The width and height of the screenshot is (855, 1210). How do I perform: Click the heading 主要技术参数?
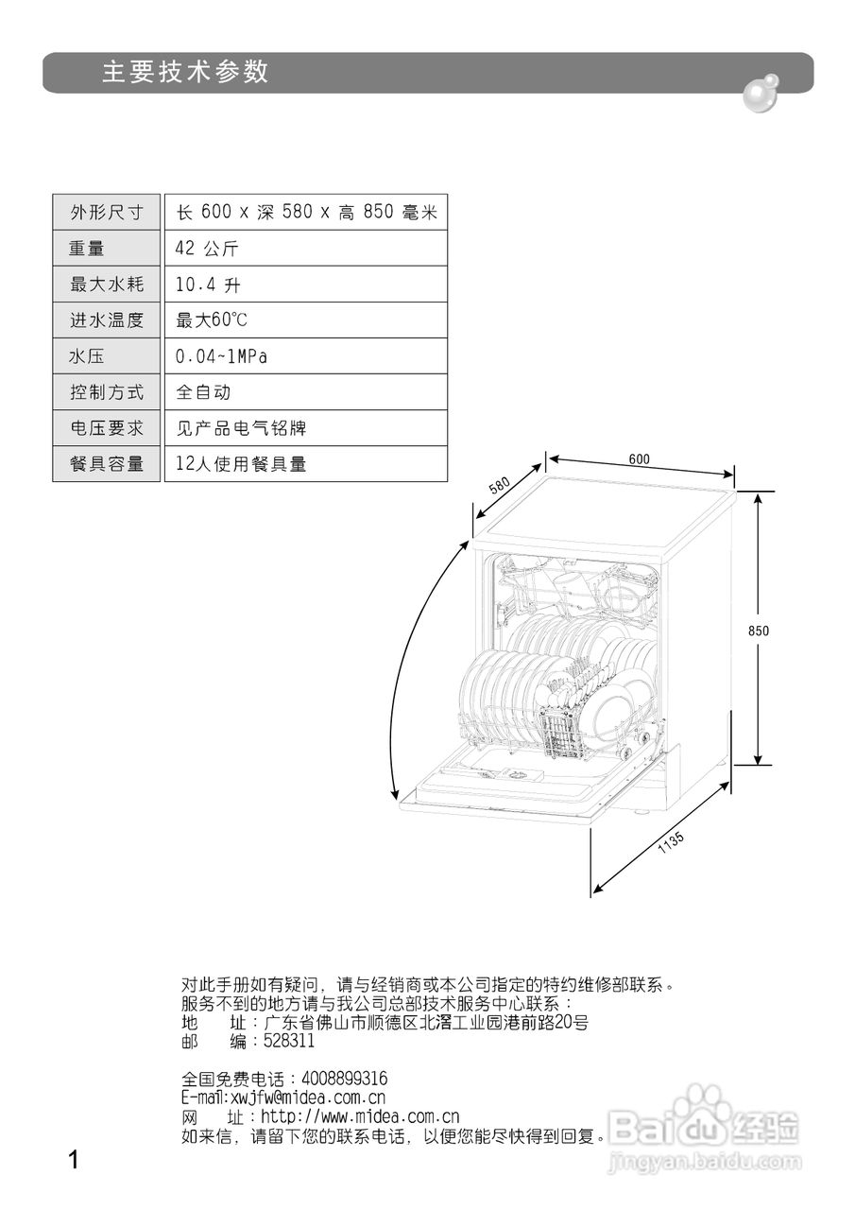(x=186, y=73)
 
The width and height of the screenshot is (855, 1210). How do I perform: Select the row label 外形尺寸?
(x=107, y=212)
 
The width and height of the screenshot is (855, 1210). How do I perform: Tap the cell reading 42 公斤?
(x=207, y=249)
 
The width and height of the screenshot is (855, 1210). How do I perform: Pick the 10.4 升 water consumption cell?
(x=208, y=285)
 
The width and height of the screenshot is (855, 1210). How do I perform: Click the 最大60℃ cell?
(x=212, y=320)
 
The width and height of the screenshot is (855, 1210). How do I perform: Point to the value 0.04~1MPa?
(x=222, y=356)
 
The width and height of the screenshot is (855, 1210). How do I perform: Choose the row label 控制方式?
(x=107, y=392)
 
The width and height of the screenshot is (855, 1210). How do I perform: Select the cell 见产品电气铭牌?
(x=241, y=428)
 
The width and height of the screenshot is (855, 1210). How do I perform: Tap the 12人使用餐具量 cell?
(x=241, y=464)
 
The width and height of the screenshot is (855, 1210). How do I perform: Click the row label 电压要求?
(x=107, y=428)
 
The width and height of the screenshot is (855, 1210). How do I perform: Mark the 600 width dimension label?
(x=639, y=459)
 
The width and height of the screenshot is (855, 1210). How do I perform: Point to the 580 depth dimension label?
(x=500, y=487)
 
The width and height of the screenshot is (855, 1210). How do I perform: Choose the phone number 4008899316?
(x=344, y=1079)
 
